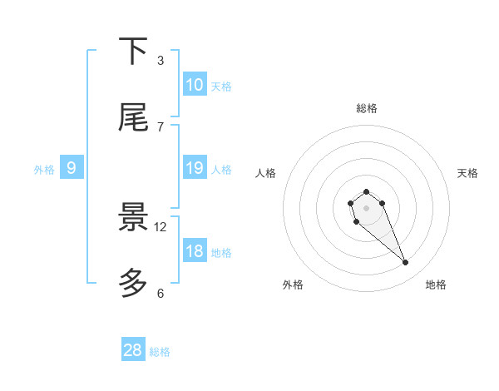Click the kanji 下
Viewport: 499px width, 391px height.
pos(134,52)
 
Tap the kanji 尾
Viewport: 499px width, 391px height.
pos(134,118)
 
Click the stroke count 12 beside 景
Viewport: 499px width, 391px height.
pos(161,226)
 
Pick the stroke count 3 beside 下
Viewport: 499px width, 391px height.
pos(161,60)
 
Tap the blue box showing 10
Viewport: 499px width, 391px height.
pos(195,85)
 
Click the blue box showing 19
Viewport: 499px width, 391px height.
pos(195,168)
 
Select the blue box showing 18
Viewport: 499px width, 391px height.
pos(195,251)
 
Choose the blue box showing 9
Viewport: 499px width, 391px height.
pos(72,168)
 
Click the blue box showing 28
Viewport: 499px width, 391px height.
pos(133,350)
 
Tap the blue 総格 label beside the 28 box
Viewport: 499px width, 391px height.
pos(160,352)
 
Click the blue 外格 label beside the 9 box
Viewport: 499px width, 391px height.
pos(44,170)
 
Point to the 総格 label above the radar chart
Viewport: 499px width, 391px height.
pos(366,108)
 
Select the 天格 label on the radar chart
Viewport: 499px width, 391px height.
pos(467,173)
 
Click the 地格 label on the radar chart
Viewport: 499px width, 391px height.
pos(436,285)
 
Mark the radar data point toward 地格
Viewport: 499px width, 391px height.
pos(406,263)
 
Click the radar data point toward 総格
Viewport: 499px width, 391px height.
pos(366,191)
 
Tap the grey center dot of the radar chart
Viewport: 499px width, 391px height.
pos(366,207)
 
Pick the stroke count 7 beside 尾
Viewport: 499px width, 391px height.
pos(161,126)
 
